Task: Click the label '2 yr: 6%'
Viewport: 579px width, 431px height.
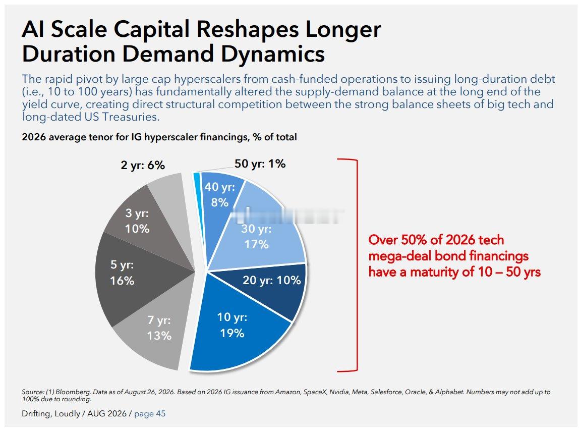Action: pos(143,165)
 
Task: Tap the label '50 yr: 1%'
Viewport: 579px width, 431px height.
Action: pos(260,164)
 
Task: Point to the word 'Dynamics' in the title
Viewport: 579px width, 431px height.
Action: pos(273,53)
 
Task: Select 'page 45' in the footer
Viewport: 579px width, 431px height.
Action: pos(150,414)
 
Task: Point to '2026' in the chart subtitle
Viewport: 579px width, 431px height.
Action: pos(34,137)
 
